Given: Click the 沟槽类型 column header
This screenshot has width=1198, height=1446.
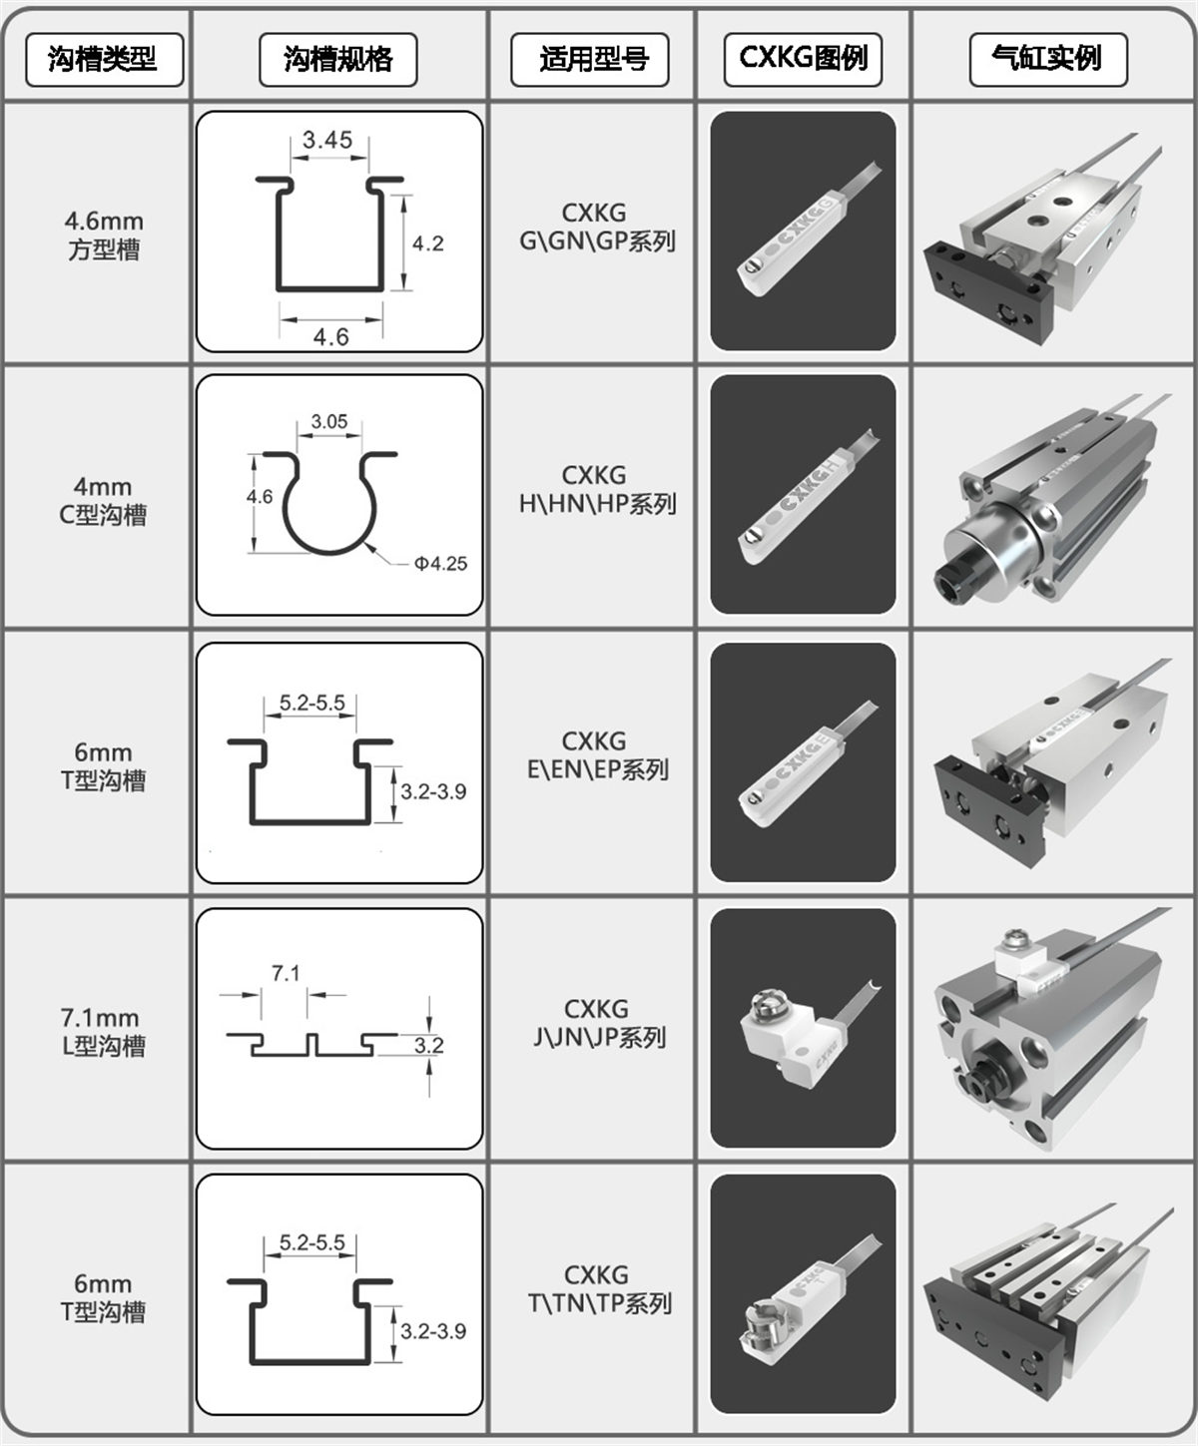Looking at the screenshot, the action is tap(104, 60).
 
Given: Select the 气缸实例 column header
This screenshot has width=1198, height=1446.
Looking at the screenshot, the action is tap(1047, 60).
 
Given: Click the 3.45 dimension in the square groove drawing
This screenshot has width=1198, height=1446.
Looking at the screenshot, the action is tap(327, 140).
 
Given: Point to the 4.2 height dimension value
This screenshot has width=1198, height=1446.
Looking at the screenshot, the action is tap(428, 243).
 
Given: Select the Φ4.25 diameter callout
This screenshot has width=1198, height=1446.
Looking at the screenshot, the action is tap(440, 564).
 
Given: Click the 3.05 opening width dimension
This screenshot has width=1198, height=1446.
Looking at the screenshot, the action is tap(329, 422).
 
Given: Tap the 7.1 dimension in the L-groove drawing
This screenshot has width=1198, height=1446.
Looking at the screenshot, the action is tap(286, 974).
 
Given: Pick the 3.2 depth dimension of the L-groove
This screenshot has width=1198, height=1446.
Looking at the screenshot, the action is tap(429, 1045).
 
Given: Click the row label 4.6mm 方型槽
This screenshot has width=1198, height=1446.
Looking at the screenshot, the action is tap(104, 236).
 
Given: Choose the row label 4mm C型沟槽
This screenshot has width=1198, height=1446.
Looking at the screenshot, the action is tap(103, 501).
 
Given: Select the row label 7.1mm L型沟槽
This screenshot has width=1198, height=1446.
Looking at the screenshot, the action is tap(103, 1032).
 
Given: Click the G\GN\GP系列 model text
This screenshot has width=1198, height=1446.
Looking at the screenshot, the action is tap(597, 241).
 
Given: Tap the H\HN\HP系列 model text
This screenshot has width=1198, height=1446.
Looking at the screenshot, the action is tap(597, 504).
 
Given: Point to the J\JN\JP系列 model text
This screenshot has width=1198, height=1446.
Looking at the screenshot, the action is tap(599, 1038).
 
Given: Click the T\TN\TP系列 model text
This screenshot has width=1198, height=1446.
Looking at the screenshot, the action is tap(600, 1304).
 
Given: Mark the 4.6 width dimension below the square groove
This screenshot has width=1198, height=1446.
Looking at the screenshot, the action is tap(331, 337).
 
